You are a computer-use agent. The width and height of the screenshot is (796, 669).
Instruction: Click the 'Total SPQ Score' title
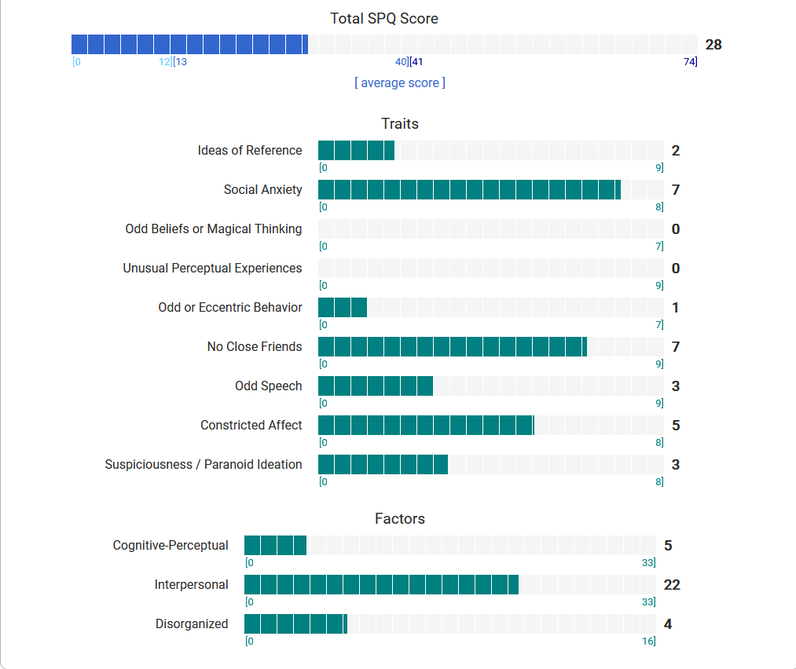pos(383,18)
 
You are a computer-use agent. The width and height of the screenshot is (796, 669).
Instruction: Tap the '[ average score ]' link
pos(399,82)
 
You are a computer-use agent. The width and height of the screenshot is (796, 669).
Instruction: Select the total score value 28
pos(713,45)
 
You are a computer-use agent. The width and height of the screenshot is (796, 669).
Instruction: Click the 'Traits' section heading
pos(399,123)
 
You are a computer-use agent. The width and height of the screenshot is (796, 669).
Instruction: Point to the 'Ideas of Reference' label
pos(250,150)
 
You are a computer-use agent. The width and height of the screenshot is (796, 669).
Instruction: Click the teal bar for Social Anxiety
pos(469,189)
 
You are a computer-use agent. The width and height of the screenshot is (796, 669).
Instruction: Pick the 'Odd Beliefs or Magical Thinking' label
pos(214,228)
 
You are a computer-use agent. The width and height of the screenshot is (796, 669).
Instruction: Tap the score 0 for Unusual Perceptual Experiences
pos(676,269)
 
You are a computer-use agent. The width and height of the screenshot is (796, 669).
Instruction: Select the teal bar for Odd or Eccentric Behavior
pos(343,307)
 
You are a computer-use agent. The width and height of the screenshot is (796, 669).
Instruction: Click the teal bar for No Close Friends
pos(453,346)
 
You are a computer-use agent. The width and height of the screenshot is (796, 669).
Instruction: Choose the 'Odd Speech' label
pos(269,386)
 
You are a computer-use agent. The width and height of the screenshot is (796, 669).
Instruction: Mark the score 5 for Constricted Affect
pos(676,426)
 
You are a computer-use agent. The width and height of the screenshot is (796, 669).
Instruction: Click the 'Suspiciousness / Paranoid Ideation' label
pos(204,464)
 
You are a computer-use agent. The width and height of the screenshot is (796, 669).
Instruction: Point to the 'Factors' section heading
pos(399,518)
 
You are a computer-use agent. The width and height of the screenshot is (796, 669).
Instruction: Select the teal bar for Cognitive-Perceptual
pos(275,545)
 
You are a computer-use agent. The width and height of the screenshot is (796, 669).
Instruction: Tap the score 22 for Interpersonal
pos(672,585)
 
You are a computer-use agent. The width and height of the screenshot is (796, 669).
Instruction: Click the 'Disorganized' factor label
pos(192,623)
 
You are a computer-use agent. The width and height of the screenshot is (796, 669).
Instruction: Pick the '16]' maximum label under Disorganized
pos(648,642)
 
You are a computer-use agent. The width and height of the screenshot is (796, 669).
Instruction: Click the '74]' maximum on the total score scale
pos(690,62)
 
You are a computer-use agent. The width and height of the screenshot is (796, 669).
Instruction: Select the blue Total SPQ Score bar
pos(189,45)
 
